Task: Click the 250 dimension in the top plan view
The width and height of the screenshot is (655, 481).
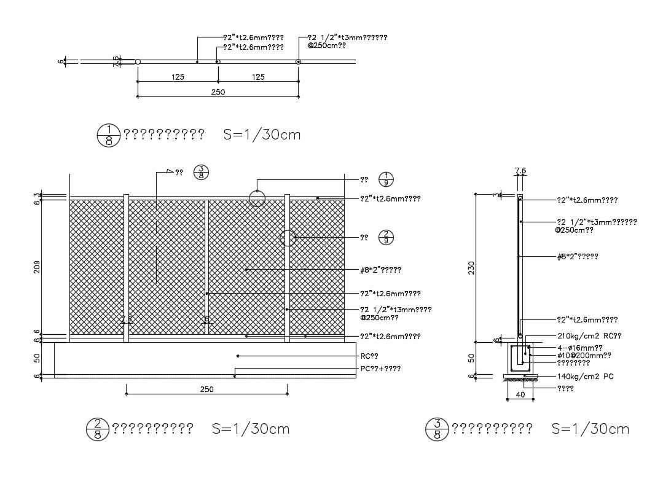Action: [x=218, y=92]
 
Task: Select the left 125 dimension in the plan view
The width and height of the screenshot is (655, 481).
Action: [x=178, y=77]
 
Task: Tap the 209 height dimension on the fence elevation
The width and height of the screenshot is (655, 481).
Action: [x=38, y=267]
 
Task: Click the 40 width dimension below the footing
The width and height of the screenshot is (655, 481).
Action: [x=520, y=396]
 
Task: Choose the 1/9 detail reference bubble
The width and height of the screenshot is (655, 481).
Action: [x=385, y=179]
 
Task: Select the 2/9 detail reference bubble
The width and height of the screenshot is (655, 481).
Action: [x=385, y=237]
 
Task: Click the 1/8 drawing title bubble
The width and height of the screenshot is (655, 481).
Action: [x=108, y=135]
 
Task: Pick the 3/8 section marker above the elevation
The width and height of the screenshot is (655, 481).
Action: [x=201, y=173]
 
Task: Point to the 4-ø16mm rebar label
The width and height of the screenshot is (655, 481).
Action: [x=579, y=347]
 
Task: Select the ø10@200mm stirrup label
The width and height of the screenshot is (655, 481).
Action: [x=584, y=355]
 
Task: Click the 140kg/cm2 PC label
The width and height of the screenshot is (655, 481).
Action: [x=585, y=376]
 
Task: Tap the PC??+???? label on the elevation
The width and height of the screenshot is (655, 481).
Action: [x=381, y=369]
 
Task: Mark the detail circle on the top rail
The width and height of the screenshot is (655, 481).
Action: [x=257, y=198]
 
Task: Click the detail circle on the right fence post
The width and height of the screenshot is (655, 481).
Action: [x=288, y=238]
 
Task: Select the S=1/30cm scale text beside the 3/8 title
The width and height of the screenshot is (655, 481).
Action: [x=590, y=429]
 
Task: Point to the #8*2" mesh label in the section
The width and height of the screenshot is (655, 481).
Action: [x=577, y=256]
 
